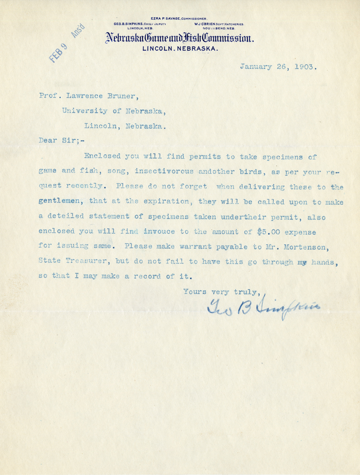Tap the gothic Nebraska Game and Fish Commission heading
(x=180, y=39)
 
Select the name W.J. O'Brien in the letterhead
(x=209, y=23)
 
